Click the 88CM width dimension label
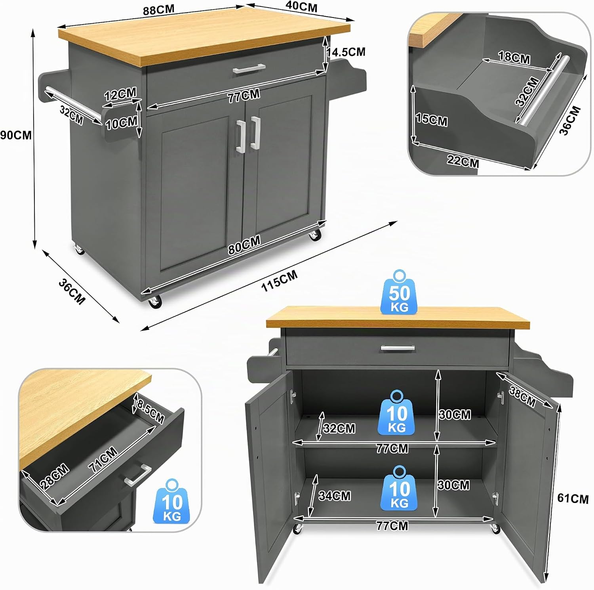pos(158,10)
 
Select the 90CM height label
pos(15,135)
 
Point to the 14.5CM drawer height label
pos(346,52)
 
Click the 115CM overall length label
pos(280,281)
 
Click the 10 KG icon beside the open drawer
pos(172,501)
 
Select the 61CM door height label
pos(573,498)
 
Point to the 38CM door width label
pos(522,397)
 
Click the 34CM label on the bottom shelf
pos(335,496)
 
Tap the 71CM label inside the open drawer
pos(103,459)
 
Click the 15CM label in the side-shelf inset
pos(432,119)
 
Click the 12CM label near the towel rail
pos(120,94)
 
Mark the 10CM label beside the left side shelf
pos(121,123)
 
